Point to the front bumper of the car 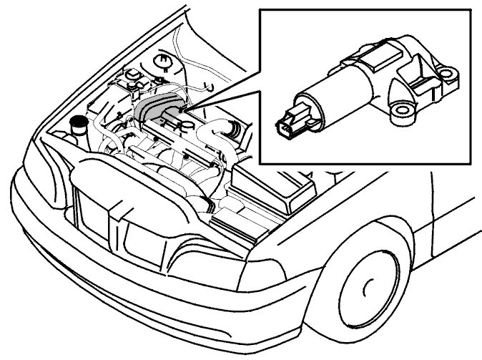point(107,286)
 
